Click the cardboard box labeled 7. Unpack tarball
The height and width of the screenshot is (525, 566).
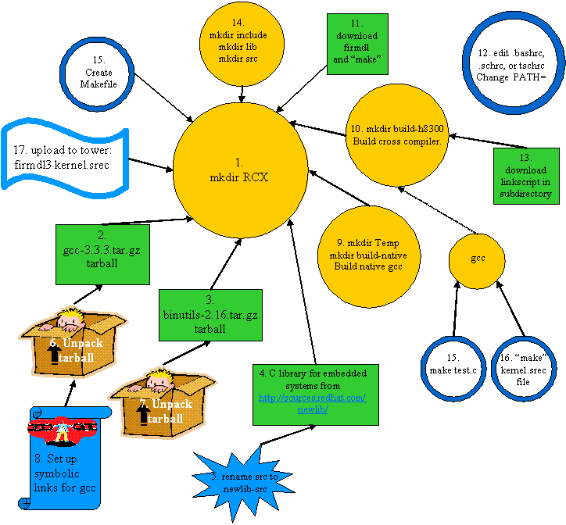(x=161, y=402)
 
